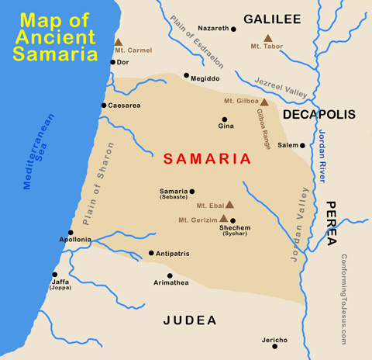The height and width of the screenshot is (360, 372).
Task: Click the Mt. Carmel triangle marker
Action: click(x=119, y=43)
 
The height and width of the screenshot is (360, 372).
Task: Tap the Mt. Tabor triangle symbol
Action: click(x=267, y=38)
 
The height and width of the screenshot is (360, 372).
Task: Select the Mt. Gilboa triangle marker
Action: click(x=263, y=102)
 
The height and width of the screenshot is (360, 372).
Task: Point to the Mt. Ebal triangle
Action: click(x=229, y=205)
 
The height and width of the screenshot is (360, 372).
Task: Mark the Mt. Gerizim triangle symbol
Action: click(x=224, y=218)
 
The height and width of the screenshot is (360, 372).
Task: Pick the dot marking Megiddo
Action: click(x=186, y=75)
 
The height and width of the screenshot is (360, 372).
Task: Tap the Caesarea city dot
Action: click(x=104, y=106)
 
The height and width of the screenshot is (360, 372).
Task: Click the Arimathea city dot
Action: click(x=170, y=275)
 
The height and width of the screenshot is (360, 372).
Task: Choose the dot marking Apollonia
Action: click(x=71, y=232)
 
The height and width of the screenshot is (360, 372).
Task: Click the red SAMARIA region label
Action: click(x=206, y=158)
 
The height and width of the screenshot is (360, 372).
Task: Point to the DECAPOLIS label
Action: click(x=319, y=115)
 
